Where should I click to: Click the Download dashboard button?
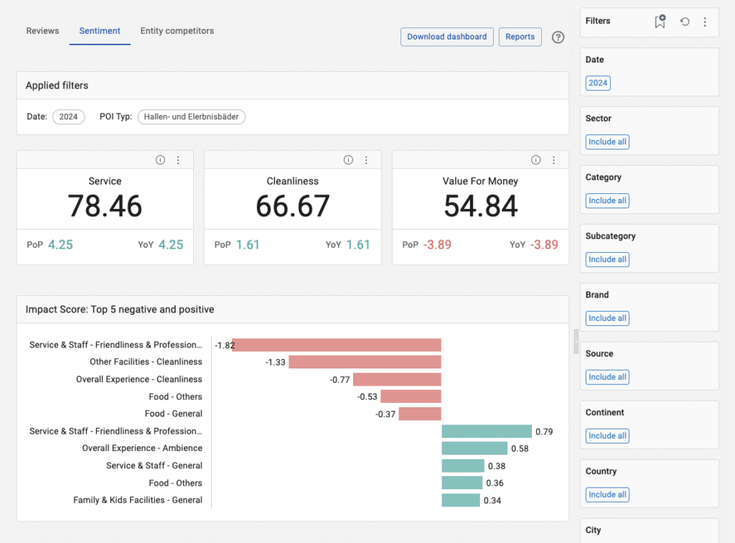[446, 37]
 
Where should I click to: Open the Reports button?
[520, 37]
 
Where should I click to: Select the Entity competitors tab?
[177, 31]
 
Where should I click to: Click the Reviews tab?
[43, 31]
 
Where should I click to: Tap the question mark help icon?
[558, 37]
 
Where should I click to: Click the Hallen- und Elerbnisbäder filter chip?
[191, 117]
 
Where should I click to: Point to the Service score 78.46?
[105, 206]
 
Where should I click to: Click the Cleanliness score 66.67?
[293, 206]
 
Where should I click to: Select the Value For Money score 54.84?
[480, 206]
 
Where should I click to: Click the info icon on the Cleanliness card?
[348, 160]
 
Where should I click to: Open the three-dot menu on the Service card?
[179, 160]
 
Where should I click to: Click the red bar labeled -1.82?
[336, 345]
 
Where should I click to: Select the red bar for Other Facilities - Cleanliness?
[365, 362]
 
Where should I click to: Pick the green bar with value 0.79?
[486, 431]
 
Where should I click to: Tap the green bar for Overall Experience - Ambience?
[474, 448]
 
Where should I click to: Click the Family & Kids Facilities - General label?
[138, 500]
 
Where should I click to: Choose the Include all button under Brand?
[607, 318]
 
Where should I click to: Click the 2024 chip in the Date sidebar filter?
[598, 83]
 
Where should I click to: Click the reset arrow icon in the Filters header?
[685, 22]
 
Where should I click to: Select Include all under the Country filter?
[607, 494]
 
